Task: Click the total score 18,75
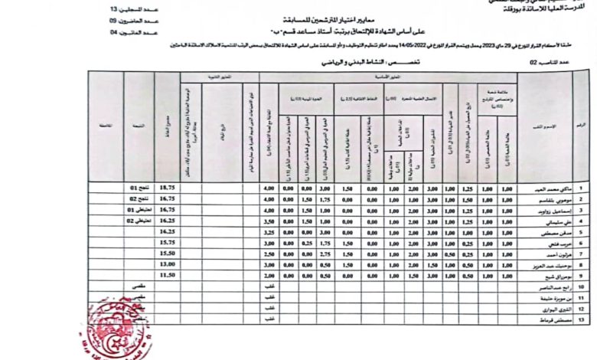click(168, 188)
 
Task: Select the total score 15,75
click(168, 241)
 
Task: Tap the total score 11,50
click(168, 274)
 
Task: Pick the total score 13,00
click(168, 263)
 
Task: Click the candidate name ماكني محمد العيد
click(548, 188)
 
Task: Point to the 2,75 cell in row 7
click(325, 253)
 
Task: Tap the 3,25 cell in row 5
click(269, 231)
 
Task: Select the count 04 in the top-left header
click(114, 33)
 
